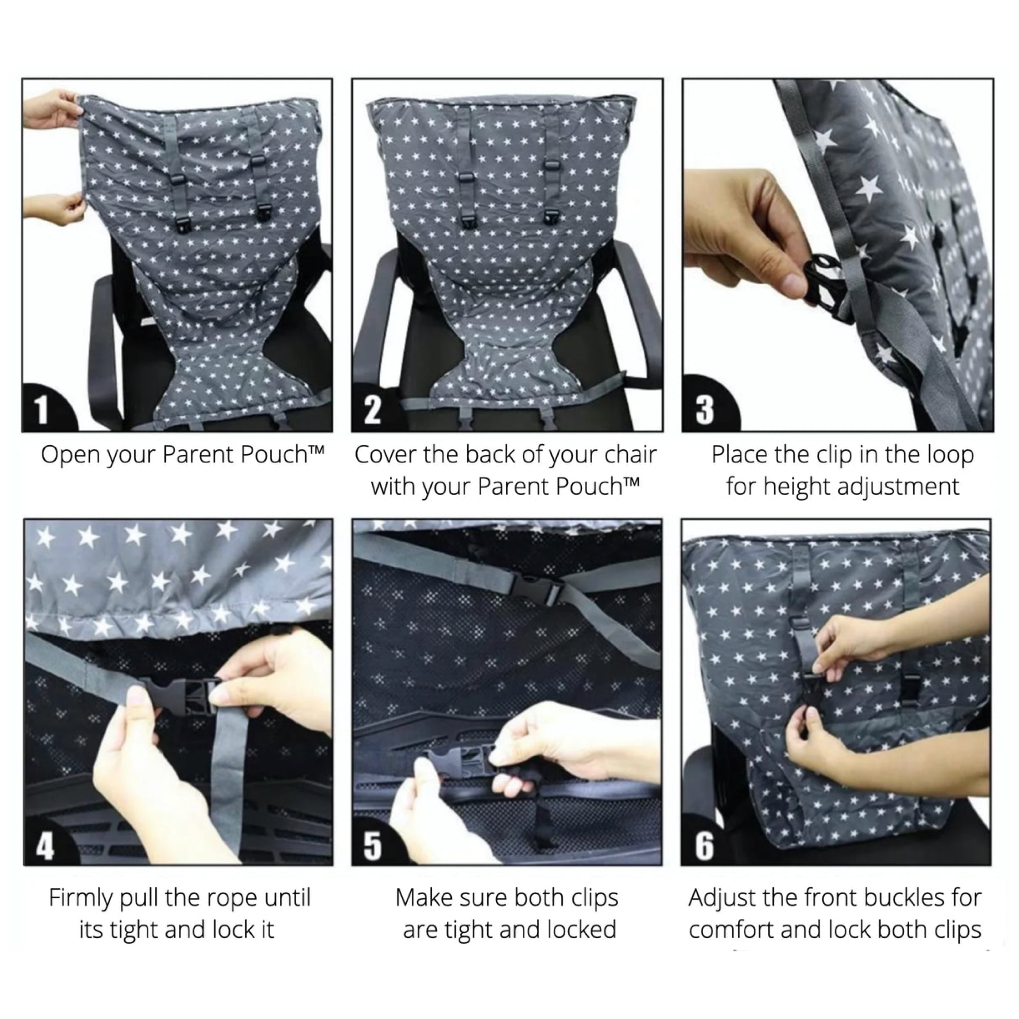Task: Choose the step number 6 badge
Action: coord(704,846)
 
